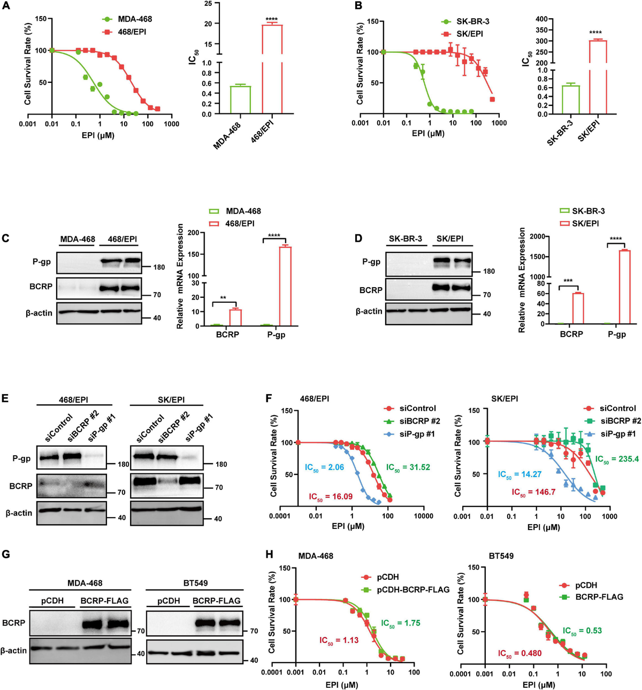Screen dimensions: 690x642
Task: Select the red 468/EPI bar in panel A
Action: (x=272, y=68)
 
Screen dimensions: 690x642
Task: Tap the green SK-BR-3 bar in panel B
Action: (x=571, y=99)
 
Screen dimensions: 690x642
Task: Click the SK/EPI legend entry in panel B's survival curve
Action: (x=469, y=34)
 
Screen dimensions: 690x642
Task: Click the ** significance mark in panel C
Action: (x=223, y=298)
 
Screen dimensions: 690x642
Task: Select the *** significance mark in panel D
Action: (x=568, y=281)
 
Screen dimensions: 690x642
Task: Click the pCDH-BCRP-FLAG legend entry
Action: (x=413, y=589)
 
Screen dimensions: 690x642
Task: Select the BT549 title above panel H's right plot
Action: (x=501, y=556)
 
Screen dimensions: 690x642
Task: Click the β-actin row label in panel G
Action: (x=13, y=650)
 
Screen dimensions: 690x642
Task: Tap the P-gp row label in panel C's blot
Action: (x=42, y=262)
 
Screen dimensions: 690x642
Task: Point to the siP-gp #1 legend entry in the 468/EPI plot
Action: (x=417, y=434)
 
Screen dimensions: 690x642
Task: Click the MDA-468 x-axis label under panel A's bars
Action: (x=228, y=135)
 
